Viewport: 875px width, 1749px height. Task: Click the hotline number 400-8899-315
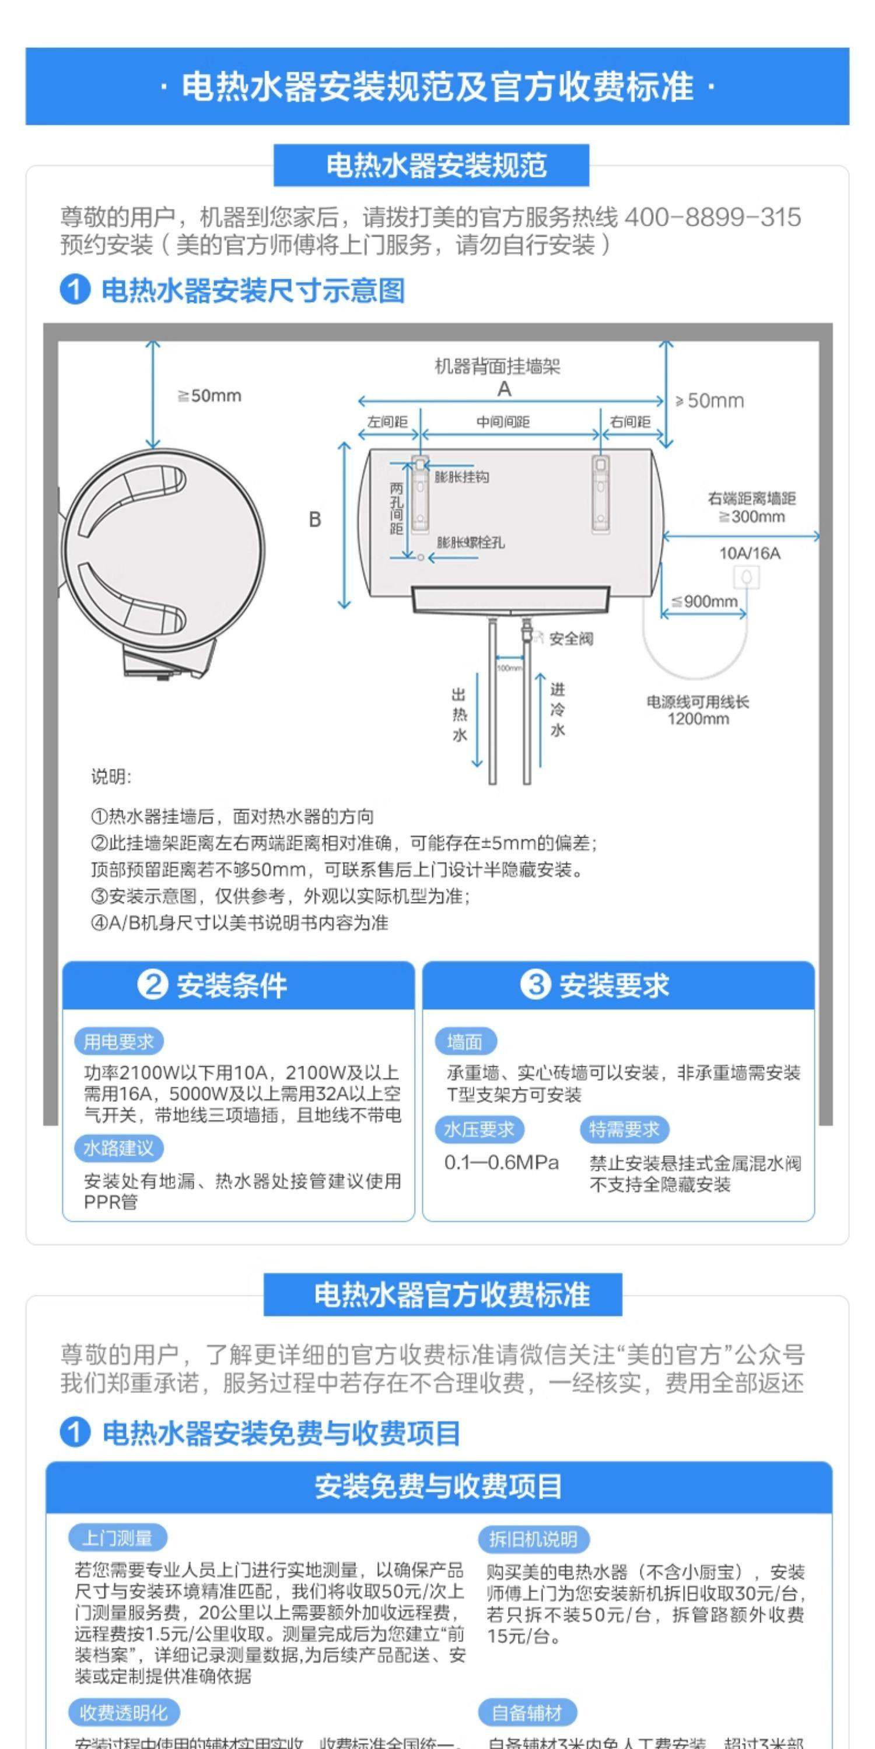tap(712, 218)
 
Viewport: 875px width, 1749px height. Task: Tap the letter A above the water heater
tap(504, 389)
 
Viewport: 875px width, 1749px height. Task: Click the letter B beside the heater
tap(314, 519)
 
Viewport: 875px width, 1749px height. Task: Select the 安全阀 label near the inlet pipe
tap(570, 639)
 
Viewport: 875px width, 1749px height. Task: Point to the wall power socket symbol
tap(748, 578)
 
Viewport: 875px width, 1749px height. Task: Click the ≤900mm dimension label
tap(705, 601)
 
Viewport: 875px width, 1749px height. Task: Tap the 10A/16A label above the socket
tap(750, 553)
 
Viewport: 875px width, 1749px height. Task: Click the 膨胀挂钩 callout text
tap(463, 477)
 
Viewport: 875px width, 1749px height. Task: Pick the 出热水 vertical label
tap(459, 715)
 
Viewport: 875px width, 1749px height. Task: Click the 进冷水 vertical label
tap(557, 710)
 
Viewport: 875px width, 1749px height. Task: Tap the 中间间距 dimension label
tap(503, 422)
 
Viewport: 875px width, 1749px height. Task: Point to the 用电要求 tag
tap(119, 1041)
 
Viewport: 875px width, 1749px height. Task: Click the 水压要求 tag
tap(479, 1130)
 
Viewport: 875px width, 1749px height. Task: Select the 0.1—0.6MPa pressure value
tap(501, 1163)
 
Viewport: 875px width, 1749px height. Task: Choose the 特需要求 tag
tap(624, 1130)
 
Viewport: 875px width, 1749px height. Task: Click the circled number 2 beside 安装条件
tap(152, 985)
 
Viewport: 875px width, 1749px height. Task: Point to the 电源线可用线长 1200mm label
tap(698, 710)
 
